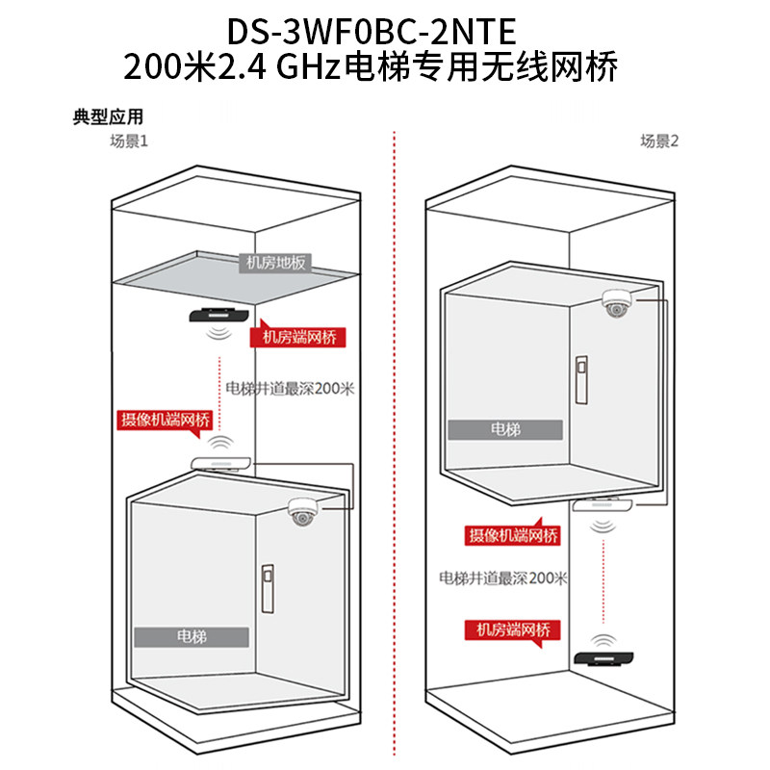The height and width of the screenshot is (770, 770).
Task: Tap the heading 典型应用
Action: pyautogui.click(x=108, y=117)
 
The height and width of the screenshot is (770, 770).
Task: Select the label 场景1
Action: pyautogui.click(x=127, y=141)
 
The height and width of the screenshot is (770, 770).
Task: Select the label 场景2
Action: pyautogui.click(x=660, y=141)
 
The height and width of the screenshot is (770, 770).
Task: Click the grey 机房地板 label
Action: pyautogui.click(x=275, y=261)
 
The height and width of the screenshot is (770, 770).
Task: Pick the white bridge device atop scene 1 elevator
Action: pyautogui.click(x=221, y=463)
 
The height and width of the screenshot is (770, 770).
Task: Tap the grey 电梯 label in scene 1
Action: pyautogui.click(x=192, y=637)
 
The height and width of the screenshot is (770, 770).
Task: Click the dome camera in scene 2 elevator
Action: pyautogui.click(x=615, y=303)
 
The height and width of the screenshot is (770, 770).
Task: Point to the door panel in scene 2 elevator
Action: pyautogui.click(x=580, y=379)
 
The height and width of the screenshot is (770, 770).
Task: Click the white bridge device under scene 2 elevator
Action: pyautogui.click(x=603, y=505)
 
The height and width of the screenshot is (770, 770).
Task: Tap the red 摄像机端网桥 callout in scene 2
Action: pyautogui.click(x=512, y=536)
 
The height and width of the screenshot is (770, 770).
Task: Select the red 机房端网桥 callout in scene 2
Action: pyautogui.click(x=513, y=629)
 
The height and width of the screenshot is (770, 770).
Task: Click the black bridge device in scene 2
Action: pyautogui.click(x=603, y=658)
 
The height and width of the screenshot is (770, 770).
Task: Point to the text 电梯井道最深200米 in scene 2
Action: pyautogui.click(x=503, y=578)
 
